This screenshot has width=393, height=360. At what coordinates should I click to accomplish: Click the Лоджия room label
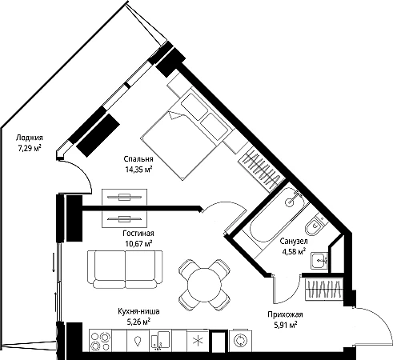(30, 138)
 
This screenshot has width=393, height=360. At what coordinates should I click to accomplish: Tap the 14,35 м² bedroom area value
(138, 169)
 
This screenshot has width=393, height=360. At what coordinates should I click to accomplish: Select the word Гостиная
(138, 234)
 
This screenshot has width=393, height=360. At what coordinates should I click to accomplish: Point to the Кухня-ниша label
(138, 311)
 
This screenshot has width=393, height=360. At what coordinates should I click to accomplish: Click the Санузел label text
(294, 242)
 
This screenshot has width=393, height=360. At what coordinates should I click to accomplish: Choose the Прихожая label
(285, 314)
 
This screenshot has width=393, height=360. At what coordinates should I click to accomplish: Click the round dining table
(204, 285)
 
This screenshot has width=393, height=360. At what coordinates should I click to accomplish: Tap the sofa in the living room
(125, 270)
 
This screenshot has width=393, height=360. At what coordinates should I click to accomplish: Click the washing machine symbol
(240, 340)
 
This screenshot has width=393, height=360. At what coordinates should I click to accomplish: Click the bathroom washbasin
(319, 260)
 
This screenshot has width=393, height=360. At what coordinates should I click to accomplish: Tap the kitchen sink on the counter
(160, 340)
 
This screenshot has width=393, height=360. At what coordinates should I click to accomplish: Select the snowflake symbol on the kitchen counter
(198, 340)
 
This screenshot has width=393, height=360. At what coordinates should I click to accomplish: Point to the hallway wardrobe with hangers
(324, 289)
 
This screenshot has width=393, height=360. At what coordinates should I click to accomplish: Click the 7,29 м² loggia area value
(30, 148)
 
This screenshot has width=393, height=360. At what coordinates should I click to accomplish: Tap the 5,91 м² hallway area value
(286, 325)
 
